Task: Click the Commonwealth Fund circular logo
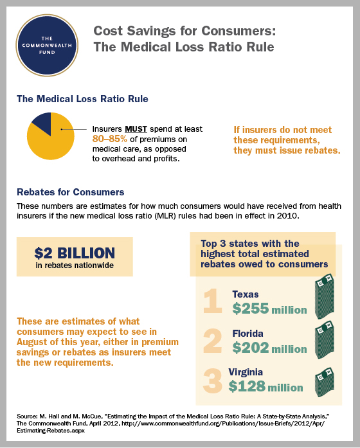tap(50, 42)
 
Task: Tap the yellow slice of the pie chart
tap(53, 140)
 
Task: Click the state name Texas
tap(246, 294)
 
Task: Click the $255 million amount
tap(269, 309)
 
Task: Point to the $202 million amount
tap(269, 348)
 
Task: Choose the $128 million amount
tap(265, 387)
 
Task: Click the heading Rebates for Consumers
tap(70, 192)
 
